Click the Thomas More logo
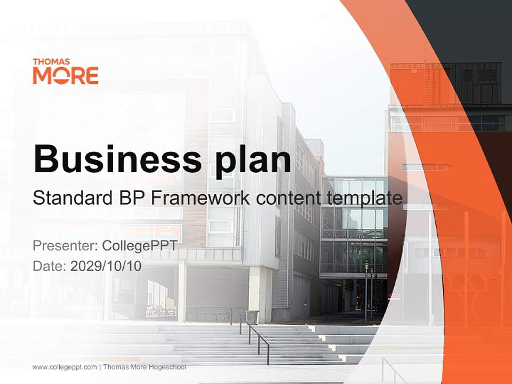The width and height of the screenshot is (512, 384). [x=66, y=71]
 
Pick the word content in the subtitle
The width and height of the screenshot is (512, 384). [x=287, y=198]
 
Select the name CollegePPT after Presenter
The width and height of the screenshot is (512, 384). [x=139, y=246]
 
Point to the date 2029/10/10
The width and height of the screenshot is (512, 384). [x=106, y=266]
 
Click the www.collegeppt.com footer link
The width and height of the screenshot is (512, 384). [x=65, y=367]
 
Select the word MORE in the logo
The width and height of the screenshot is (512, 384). [x=66, y=76]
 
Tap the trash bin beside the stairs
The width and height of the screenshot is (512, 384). [x=252, y=317]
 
